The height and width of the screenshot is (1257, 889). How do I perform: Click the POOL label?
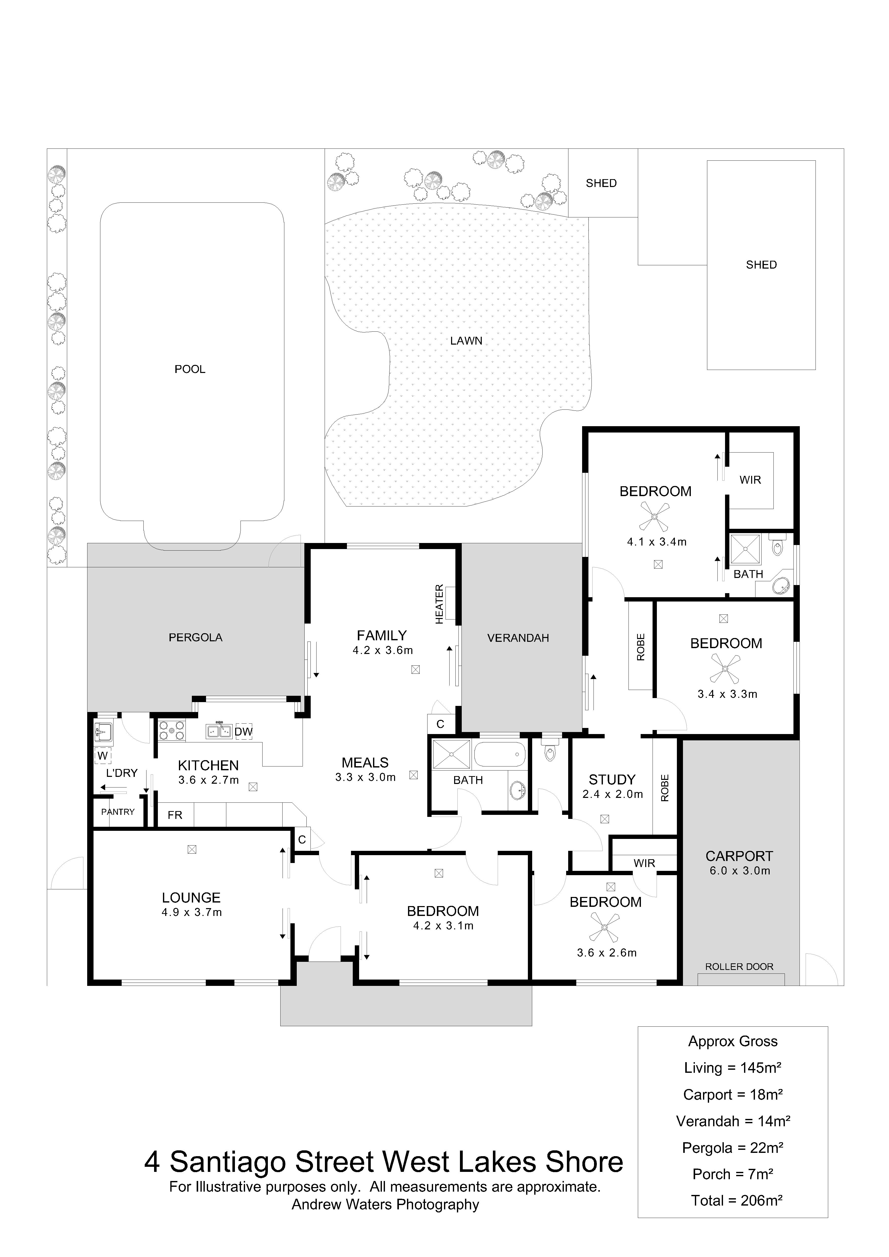[190, 369]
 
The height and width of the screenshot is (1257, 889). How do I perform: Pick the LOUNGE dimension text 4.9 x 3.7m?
[192, 913]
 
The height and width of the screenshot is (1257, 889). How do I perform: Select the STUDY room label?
[612, 780]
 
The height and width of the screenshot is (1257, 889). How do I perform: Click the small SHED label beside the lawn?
[601, 183]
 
